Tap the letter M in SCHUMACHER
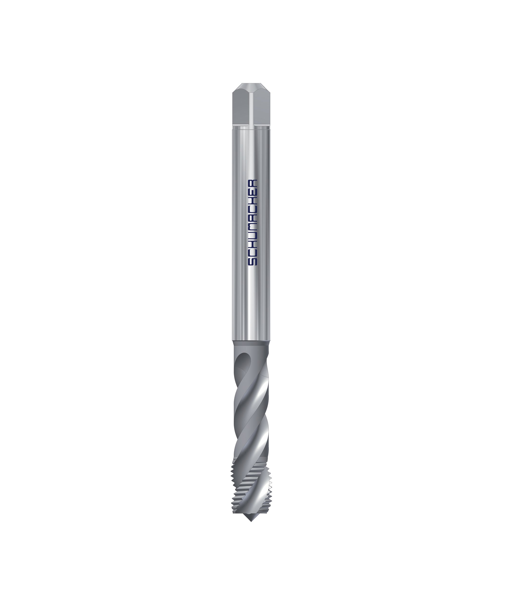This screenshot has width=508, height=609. click(252, 227)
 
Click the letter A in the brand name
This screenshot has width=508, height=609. click(252, 218)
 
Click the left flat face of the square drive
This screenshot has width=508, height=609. click(241, 109)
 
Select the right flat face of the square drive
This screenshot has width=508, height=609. click(262, 109)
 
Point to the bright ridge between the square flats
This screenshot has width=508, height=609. click(252, 109)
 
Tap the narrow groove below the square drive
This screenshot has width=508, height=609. click(251, 126)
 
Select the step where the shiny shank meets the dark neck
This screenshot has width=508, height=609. click(251, 341)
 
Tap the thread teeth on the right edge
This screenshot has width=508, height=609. click(269, 487)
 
